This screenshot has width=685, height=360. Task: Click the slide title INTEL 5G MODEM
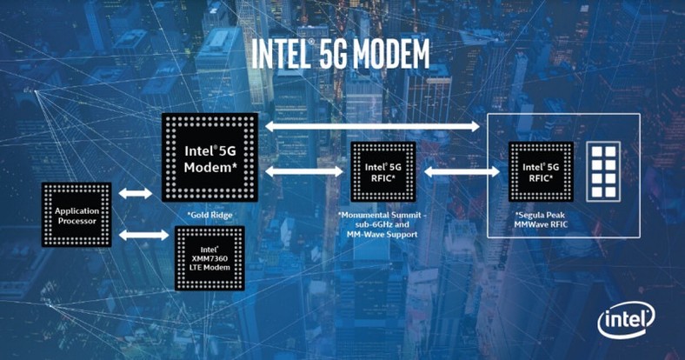[x=340, y=54]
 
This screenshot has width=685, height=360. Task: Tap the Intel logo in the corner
[x=627, y=321]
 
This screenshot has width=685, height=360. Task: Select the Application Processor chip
[x=76, y=215]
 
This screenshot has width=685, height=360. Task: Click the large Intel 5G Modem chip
[x=210, y=157]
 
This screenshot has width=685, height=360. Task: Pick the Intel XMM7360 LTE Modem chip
[x=209, y=258]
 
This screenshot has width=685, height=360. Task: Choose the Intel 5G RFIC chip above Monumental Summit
[x=383, y=172]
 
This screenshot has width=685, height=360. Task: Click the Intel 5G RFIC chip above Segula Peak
[x=541, y=172]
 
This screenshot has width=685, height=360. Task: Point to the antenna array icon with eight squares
[x=603, y=171]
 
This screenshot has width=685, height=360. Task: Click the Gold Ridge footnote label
[x=210, y=215]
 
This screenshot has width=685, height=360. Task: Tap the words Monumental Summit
[x=381, y=215]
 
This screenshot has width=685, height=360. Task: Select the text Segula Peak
[x=541, y=215]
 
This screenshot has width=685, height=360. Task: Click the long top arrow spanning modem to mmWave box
[x=373, y=127]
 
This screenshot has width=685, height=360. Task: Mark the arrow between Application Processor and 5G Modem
[x=136, y=193]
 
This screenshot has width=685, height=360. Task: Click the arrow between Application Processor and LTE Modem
[x=143, y=235]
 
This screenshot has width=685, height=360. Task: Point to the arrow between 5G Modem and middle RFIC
[x=304, y=171]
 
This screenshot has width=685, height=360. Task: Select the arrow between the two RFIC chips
[x=462, y=171]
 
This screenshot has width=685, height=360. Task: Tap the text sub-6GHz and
[x=382, y=224]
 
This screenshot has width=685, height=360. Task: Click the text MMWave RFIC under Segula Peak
[x=541, y=224]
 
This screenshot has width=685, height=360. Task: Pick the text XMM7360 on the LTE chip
[x=209, y=258]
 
